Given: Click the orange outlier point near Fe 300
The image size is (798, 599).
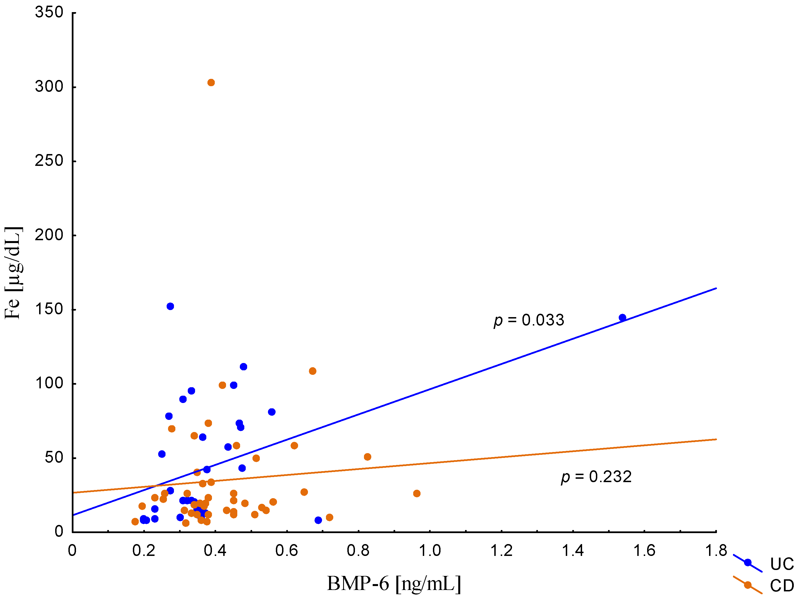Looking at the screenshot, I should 211,83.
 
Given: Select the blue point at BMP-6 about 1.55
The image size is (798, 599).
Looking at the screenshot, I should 622,318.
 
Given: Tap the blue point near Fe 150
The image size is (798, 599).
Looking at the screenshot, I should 170,306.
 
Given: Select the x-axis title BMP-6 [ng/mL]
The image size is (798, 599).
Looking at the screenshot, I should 394,584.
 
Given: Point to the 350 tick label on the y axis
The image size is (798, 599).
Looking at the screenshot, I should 49,12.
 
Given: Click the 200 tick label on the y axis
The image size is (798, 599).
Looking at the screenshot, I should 49,235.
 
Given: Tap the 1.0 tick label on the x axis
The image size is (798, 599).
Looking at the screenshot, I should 430,551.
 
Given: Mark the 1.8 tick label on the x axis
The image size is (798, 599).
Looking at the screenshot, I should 716,551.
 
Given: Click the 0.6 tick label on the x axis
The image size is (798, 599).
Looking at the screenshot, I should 287,551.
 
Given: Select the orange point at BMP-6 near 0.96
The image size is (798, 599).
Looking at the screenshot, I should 417,493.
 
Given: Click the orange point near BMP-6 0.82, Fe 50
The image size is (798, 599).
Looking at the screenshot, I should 368,457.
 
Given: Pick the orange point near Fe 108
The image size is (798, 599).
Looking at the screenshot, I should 312,371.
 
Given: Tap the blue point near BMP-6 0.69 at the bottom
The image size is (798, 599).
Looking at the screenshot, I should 318,520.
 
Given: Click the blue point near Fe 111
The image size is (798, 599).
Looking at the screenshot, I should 243,367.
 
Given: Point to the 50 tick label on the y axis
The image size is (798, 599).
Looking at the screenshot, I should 54,458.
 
